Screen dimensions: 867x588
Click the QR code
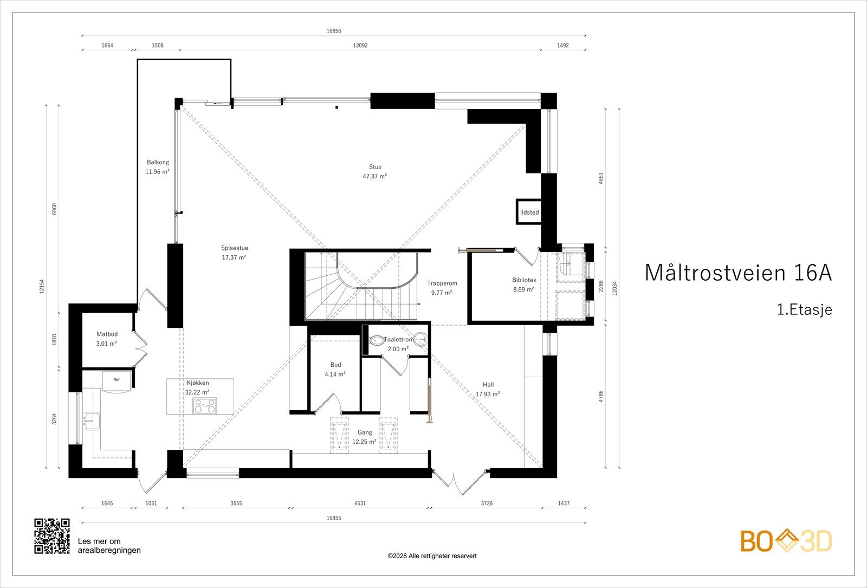pyautogui.click(x=52, y=536)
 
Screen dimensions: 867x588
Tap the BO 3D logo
pyautogui.click(x=786, y=541)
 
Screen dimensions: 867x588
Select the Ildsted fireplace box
pyautogui.click(x=529, y=212)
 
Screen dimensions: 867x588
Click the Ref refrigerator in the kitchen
pyautogui.click(x=117, y=382)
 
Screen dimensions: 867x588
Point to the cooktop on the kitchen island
pyautogui.click(x=205, y=406)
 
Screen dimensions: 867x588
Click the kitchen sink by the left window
pyautogui.click(x=92, y=421)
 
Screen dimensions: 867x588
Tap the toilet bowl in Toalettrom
pyautogui.click(x=376, y=341)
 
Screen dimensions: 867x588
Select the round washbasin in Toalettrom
pyautogui.click(x=420, y=339)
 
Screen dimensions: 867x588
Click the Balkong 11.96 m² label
pyautogui.click(x=158, y=167)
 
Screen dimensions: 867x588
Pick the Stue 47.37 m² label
pyautogui.click(x=374, y=171)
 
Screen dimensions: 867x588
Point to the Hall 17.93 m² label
pyautogui.click(x=488, y=390)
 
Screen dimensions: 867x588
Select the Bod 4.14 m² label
pyautogui.click(x=335, y=369)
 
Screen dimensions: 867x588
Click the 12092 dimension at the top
pyautogui.click(x=360, y=46)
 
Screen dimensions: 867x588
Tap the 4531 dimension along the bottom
pyautogui.click(x=360, y=503)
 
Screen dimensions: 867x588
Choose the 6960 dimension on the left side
pyautogui.click(x=54, y=209)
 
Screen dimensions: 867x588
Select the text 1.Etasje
pyautogui.click(x=805, y=309)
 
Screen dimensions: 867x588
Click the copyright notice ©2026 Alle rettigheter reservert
pyautogui.click(x=432, y=556)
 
